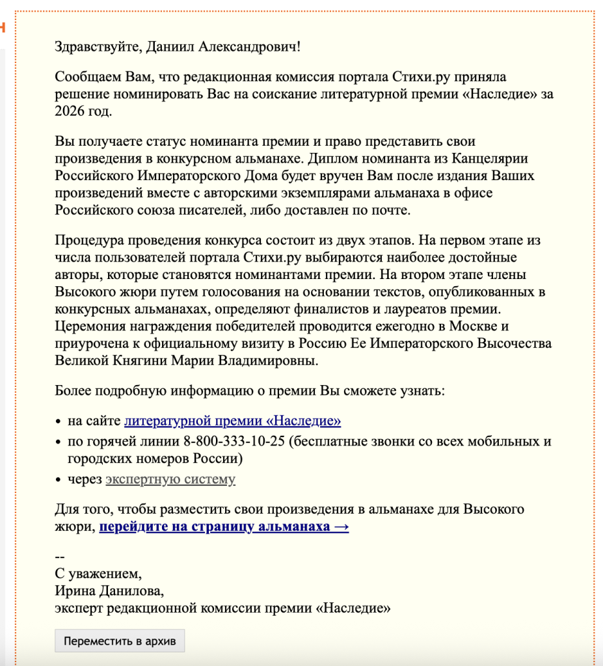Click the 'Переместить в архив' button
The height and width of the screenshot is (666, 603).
tap(120, 641)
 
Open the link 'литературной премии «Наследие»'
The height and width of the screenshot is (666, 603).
tap(232, 421)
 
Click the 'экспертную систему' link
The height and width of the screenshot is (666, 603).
tap(170, 479)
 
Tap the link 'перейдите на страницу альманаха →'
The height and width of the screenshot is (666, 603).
tap(224, 526)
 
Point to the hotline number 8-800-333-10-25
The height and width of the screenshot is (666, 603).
tap(234, 442)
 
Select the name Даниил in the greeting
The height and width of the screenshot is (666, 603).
tap(167, 46)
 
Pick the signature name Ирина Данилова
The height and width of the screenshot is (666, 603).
tap(109, 591)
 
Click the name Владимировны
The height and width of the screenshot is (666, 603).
tap(273, 360)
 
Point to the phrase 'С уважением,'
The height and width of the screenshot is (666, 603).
tap(98, 574)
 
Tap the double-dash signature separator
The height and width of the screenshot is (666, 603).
tap(60, 557)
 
